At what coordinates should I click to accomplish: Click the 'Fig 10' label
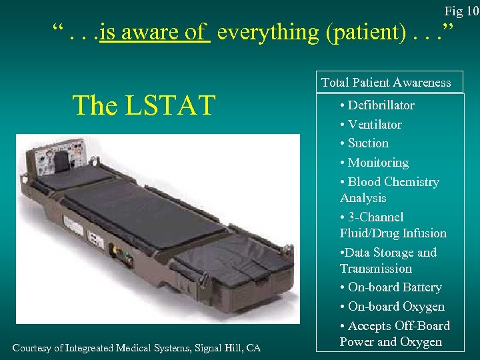[x=461, y=11]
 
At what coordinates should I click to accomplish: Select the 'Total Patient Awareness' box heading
[x=386, y=83]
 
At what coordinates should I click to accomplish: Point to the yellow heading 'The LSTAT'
[x=143, y=105]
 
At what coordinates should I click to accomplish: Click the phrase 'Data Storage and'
[x=390, y=253]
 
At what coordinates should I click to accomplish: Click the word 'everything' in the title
[x=268, y=31]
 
